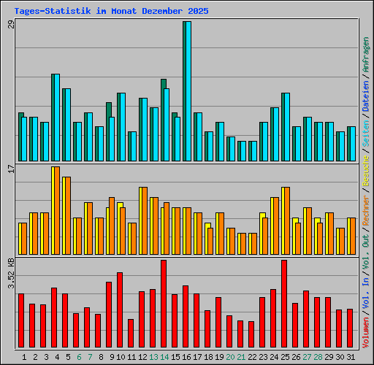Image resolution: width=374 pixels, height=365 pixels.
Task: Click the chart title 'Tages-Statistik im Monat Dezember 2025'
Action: (111, 12)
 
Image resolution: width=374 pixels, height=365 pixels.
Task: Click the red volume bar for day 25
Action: (284, 304)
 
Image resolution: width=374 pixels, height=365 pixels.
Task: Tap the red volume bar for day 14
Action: (164, 304)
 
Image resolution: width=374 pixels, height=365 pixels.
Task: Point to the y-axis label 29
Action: (10, 26)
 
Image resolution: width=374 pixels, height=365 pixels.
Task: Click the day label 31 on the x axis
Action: (350, 357)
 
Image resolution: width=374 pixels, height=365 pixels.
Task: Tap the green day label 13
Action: (153, 357)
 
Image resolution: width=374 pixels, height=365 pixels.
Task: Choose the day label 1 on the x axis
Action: (25, 357)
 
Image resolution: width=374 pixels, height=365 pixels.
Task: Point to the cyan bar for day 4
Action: (56, 117)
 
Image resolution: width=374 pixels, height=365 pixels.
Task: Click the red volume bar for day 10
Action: (120, 310)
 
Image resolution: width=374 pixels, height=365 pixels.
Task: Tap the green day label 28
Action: (317, 357)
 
